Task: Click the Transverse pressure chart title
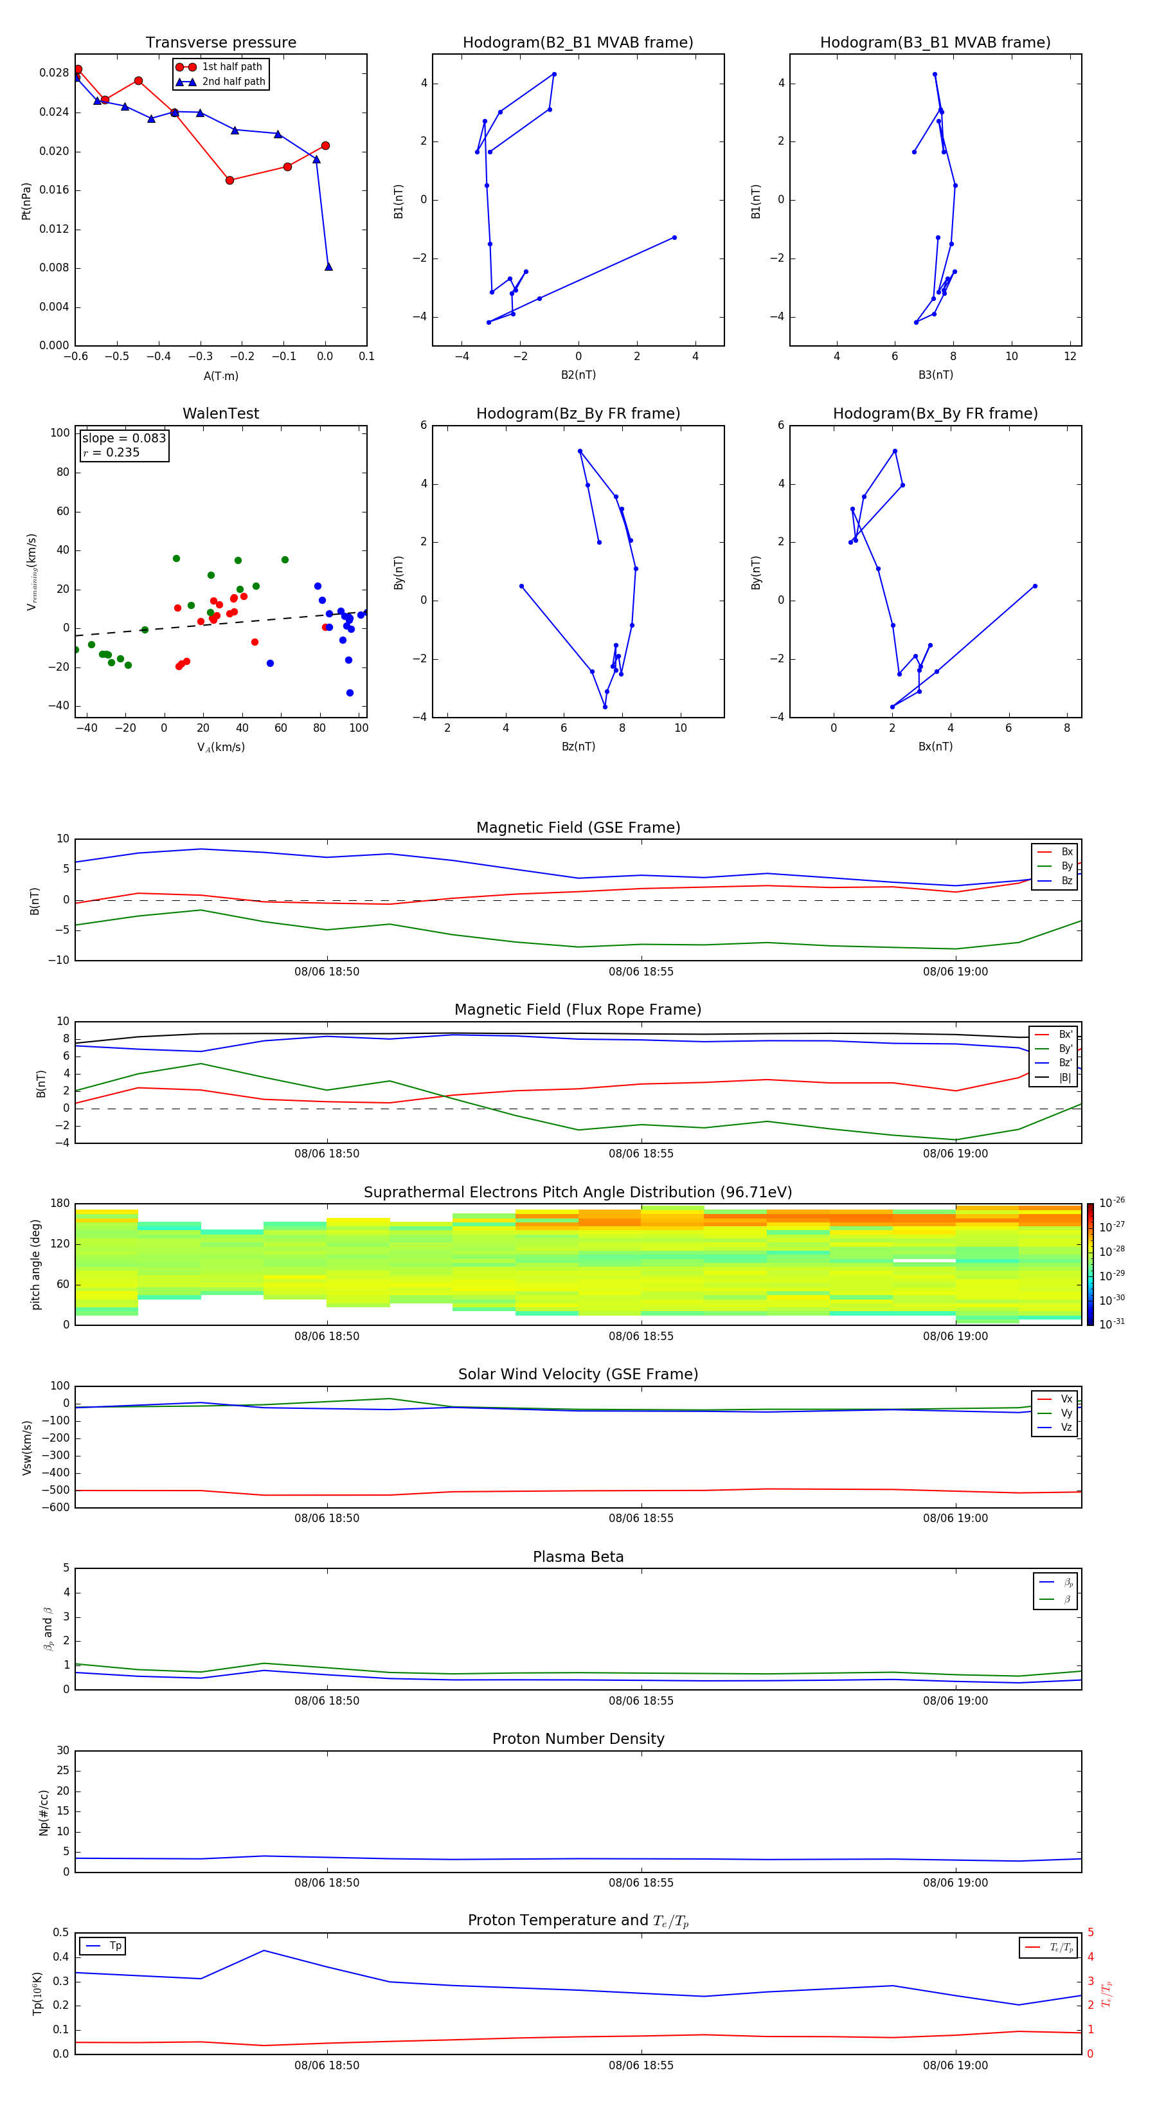click(x=220, y=43)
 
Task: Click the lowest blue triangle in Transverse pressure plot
click(x=328, y=267)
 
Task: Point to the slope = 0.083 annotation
click(x=123, y=439)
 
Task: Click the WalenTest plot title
click(x=220, y=413)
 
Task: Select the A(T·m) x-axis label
click(x=220, y=376)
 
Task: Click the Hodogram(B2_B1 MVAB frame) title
click(x=577, y=43)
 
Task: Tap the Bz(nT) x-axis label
click(x=578, y=747)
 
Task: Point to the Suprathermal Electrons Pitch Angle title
click(x=577, y=1192)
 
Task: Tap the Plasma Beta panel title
click(x=577, y=1557)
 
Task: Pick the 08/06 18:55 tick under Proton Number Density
click(x=641, y=1882)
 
